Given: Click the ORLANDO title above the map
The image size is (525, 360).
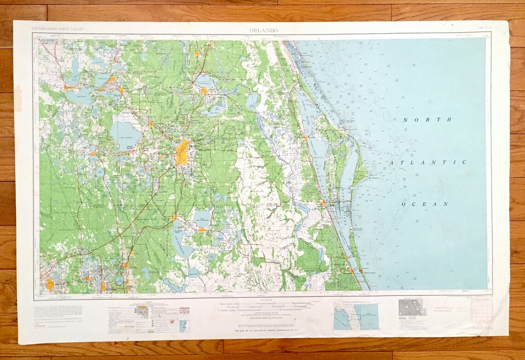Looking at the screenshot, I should point(263,30).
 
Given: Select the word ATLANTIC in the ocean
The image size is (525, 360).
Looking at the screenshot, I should point(428,162).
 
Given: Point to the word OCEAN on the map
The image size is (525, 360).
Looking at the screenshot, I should point(425,204).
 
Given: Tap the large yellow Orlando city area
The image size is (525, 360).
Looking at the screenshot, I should point(182,153).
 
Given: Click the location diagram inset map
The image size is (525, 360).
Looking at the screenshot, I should point(356,315).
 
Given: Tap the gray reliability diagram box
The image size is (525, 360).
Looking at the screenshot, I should point(412,307).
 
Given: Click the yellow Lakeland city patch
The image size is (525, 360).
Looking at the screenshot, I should point(50,285).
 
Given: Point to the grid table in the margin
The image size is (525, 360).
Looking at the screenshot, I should point(482,309).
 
